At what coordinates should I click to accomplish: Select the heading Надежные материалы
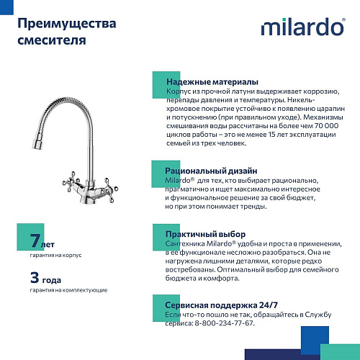(x=212, y=82)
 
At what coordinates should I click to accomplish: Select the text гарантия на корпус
(x=56, y=255)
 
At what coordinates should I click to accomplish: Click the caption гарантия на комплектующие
(x=69, y=289)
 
